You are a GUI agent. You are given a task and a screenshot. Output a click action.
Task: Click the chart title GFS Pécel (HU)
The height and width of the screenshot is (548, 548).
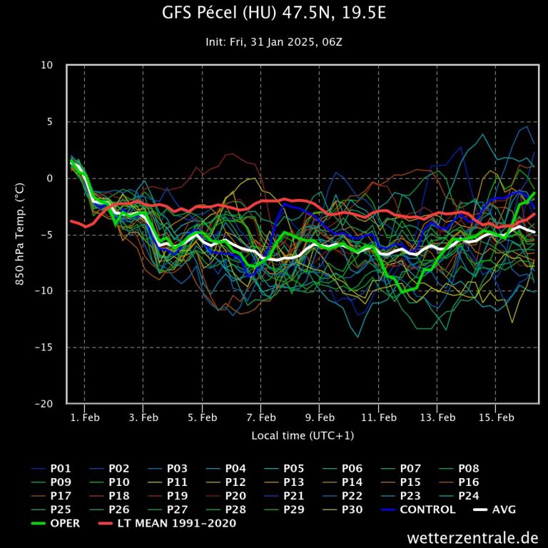(273, 14)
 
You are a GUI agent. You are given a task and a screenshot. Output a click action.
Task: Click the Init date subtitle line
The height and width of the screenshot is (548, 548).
(273, 42)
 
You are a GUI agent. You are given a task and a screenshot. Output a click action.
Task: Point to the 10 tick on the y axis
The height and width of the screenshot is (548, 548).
(47, 66)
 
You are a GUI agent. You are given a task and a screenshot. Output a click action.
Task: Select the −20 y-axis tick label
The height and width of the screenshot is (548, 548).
(44, 404)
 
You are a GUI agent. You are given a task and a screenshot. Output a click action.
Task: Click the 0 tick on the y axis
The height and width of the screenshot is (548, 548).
(50, 178)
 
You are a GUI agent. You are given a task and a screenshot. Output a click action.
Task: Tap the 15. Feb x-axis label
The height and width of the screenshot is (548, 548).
(496, 417)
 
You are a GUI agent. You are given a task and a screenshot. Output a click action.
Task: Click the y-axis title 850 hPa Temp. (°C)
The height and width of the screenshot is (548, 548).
(20, 234)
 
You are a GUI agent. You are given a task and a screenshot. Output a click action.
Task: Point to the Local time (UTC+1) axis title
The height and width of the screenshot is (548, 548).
(303, 435)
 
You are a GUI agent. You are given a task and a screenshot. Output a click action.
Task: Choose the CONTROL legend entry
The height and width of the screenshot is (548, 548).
(427, 509)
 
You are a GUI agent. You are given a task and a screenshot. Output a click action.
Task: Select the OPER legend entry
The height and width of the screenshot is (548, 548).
(64, 523)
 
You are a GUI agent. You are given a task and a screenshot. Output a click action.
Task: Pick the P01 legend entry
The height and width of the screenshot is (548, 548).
(61, 469)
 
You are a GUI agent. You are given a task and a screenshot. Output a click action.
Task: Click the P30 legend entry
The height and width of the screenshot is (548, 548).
(352, 509)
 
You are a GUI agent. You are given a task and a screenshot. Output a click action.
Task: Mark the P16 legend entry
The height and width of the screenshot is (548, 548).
(468, 482)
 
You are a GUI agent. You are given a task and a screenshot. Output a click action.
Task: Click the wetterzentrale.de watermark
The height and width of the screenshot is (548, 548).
(472, 537)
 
